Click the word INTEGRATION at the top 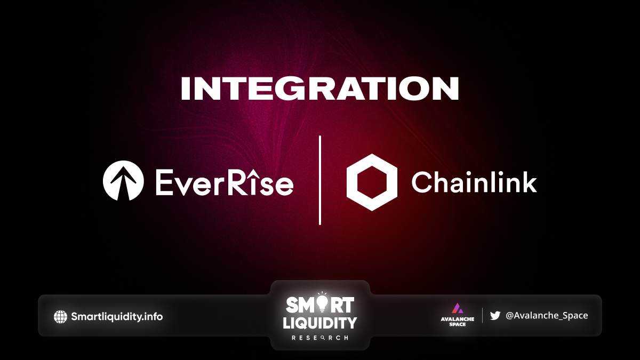[x=320, y=89]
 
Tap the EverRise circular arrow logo [x=123, y=181]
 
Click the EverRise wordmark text [x=225, y=182]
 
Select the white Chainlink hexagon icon [x=372, y=182]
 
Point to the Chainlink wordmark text [x=474, y=182]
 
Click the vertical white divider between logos [x=319, y=180]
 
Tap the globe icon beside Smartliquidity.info [x=61, y=317]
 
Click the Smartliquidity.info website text [x=117, y=317]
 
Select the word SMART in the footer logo [x=319, y=305]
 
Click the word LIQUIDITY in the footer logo [x=319, y=323]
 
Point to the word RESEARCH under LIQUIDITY [x=319, y=338]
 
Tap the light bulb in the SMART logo [x=322, y=303]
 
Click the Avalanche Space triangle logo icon [x=458, y=308]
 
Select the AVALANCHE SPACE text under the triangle [x=458, y=322]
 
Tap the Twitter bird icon [x=495, y=316]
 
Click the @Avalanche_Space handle [x=547, y=315]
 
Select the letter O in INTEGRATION [x=418, y=89]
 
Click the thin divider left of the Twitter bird [x=482, y=315]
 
